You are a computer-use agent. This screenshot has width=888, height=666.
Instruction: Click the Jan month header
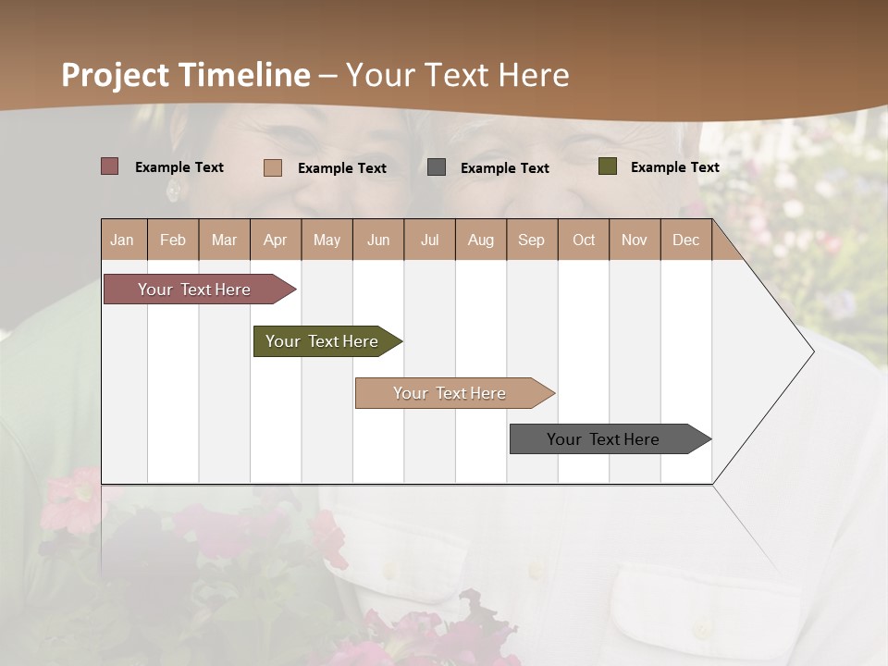pyautogui.click(x=122, y=240)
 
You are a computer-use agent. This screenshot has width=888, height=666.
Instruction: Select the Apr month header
pyautogui.click(x=275, y=240)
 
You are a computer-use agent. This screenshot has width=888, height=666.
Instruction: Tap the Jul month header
pyautogui.click(x=429, y=240)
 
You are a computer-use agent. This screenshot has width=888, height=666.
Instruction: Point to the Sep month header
pyautogui.click(x=531, y=240)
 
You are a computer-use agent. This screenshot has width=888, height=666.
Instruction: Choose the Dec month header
pyautogui.click(x=685, y=240)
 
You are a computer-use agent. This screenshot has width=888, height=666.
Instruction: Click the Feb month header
pyautogui.click(x=173, y=240)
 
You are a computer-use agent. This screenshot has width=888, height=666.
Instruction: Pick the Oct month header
pyautogui.click(x=584, y=240)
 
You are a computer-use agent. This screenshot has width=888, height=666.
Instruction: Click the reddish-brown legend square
pyautogui.click(x=109, y=166)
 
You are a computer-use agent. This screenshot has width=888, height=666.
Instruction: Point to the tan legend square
pyautogui.click(x=273, y=167)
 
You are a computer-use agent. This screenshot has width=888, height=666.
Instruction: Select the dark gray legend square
pyautogui.click(x=437, y=167)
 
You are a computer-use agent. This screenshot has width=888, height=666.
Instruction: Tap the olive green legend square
pyautogui.click(x=607, y=166)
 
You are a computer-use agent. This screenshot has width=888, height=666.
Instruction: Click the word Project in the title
pyautogui.click(x=115, y=75)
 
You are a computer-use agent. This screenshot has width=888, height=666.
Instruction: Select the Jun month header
pyautogui.click(x=378, y=240)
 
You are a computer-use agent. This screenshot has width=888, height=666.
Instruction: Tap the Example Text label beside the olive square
pyautogui.click(x=674, y=166)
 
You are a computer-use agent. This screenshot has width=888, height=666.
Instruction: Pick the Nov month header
pyautogui.click(x=635, y=240)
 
